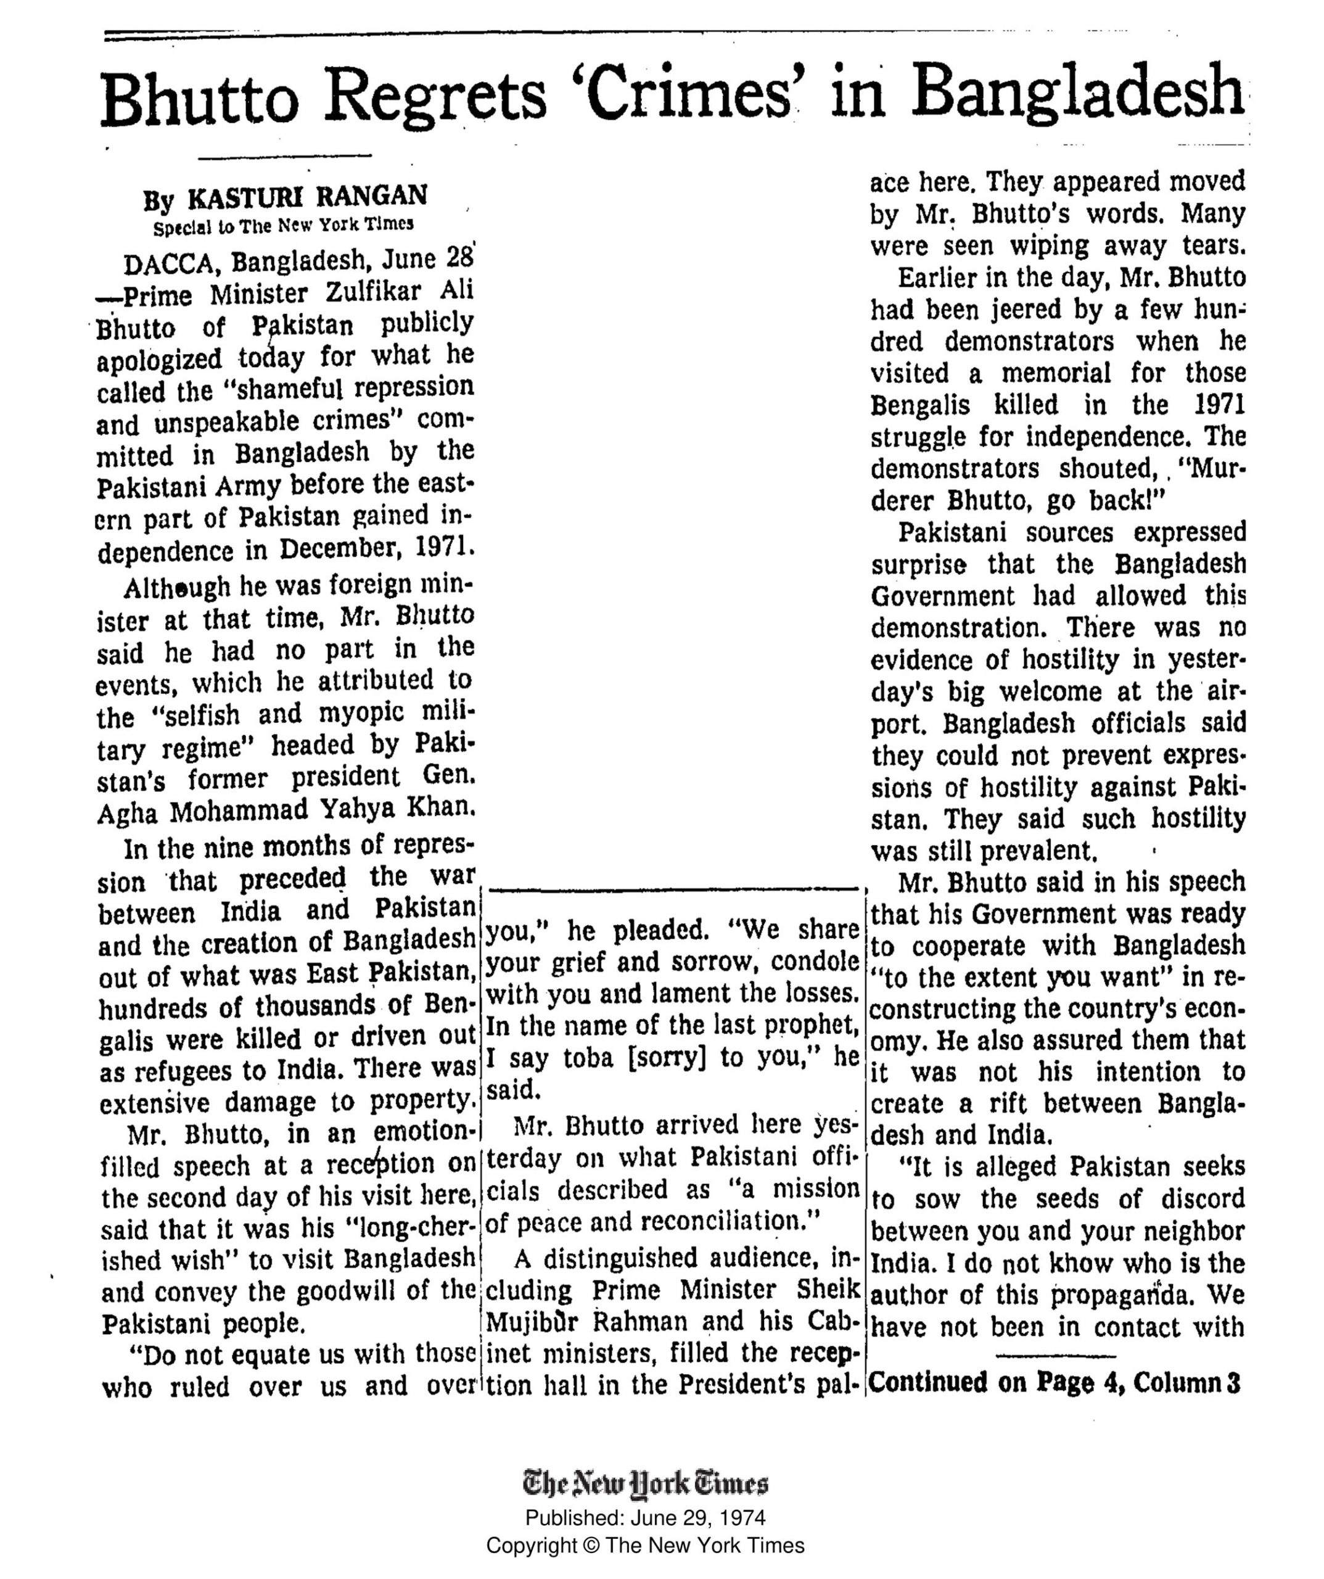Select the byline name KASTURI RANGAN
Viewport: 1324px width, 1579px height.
point(306,197)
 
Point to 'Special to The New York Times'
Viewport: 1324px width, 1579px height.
point(284,225)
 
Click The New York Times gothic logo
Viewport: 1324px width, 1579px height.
point(645,1483)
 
